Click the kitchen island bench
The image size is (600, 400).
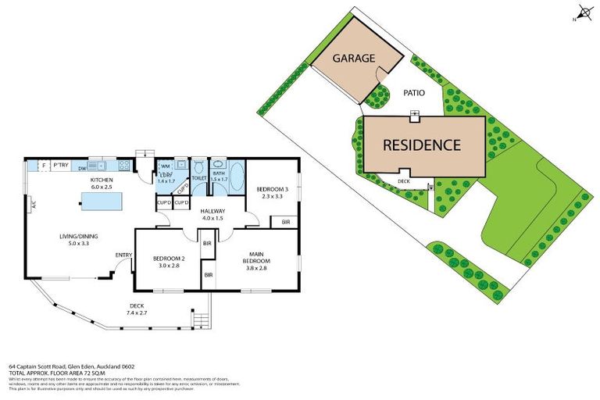click(102, 202)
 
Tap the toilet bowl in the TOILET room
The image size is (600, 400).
click(199, 168)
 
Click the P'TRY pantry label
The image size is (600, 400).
click(60, 166)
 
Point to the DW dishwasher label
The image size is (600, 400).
click(82, 166)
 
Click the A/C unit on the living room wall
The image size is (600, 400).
click(34, 205)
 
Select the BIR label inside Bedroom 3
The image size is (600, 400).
click(284, 223)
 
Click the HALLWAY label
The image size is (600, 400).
click(212, 211)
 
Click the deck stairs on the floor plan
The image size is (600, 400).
click(201, 318)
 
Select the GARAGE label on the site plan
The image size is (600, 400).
click(355, 59)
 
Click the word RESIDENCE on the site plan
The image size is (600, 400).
click(420, 145)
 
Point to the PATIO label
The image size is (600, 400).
click(414, 93)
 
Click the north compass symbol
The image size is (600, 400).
click(583, 13)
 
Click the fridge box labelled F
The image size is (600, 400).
click(44, 166)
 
